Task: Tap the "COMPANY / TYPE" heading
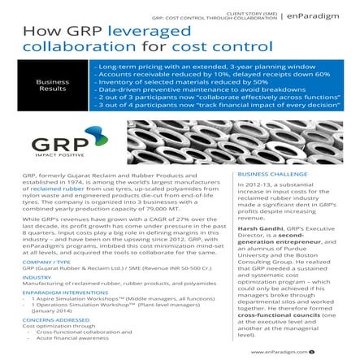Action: tap(46, 262)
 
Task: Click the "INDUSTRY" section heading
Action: tap(37, 279)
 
